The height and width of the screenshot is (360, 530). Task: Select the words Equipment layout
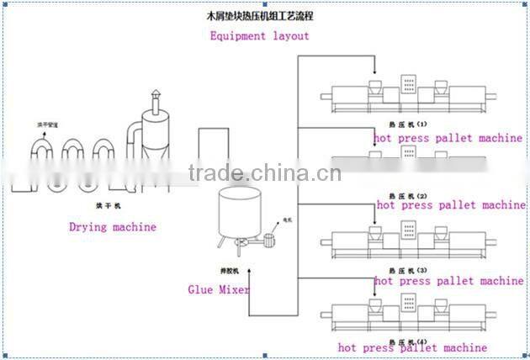click(259, 36)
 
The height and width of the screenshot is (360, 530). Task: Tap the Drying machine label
click(112, 226)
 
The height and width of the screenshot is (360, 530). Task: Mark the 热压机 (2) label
click(406, 195)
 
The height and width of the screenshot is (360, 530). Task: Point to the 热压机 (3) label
click(406, 269)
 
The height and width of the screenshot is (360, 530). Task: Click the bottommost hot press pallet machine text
click(412, 347)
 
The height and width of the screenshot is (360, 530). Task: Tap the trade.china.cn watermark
click(265, 174)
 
